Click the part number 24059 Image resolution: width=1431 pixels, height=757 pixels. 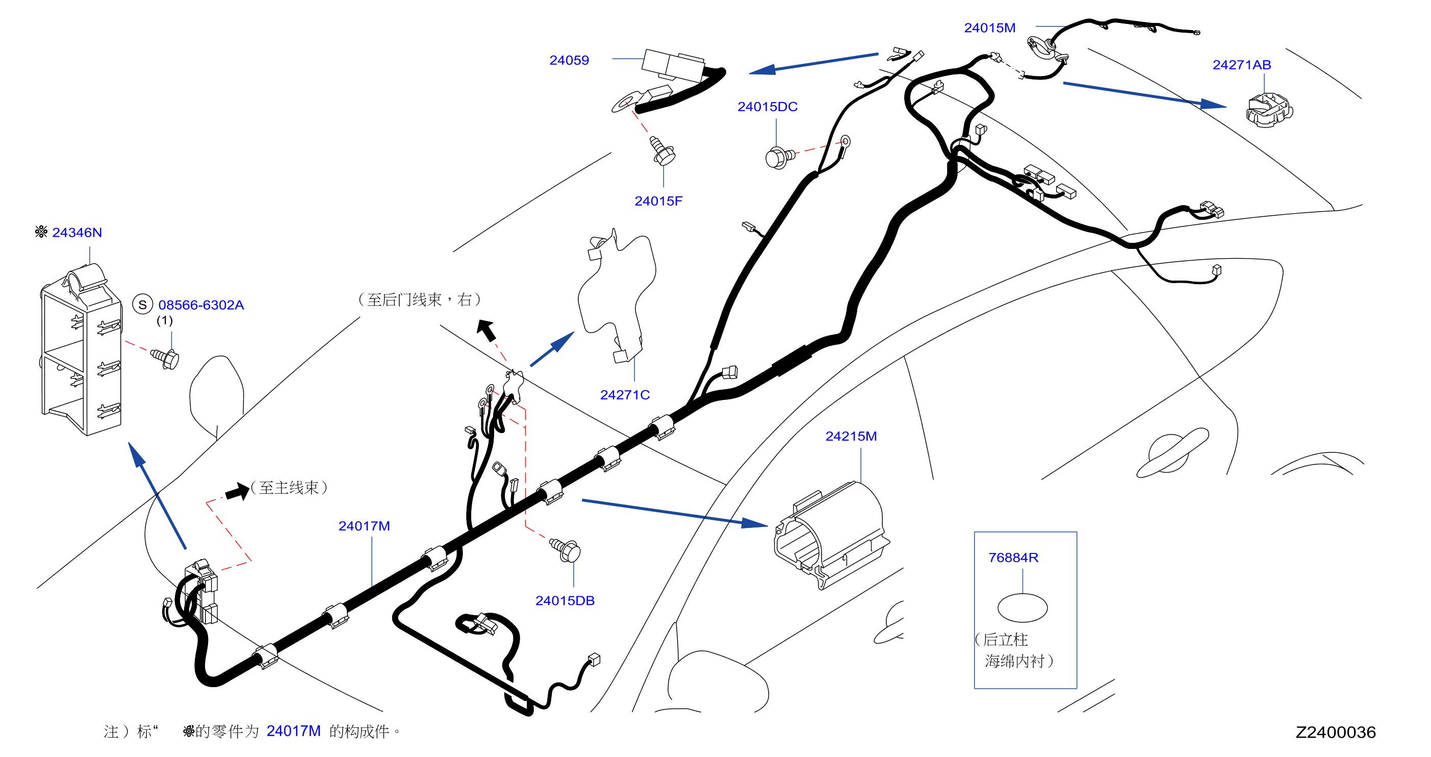point(569,60)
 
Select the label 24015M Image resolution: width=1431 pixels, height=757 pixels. point(989,28)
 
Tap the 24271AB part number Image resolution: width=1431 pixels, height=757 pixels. point(1242,65)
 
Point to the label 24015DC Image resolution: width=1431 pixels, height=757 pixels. point(767,107)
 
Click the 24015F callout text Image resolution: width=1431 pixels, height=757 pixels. point(658,201)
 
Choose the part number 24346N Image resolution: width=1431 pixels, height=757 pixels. point(76,232)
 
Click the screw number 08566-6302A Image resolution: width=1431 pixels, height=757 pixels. point(201,305)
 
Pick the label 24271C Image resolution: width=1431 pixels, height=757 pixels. point(625,395)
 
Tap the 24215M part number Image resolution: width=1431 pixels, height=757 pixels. point(851,436)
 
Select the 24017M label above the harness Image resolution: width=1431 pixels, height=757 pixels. point(365,526)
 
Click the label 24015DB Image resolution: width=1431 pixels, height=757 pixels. point(565,601)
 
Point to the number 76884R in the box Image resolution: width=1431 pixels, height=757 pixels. point(1013,558)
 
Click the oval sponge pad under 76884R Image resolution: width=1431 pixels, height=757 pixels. point(1022,608)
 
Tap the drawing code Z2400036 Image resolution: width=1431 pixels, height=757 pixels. point(1336,733)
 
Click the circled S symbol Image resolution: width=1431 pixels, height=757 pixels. point(143,305)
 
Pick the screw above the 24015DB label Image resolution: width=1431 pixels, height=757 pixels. point(566,550)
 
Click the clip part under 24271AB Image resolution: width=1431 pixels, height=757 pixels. point(1269,111)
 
